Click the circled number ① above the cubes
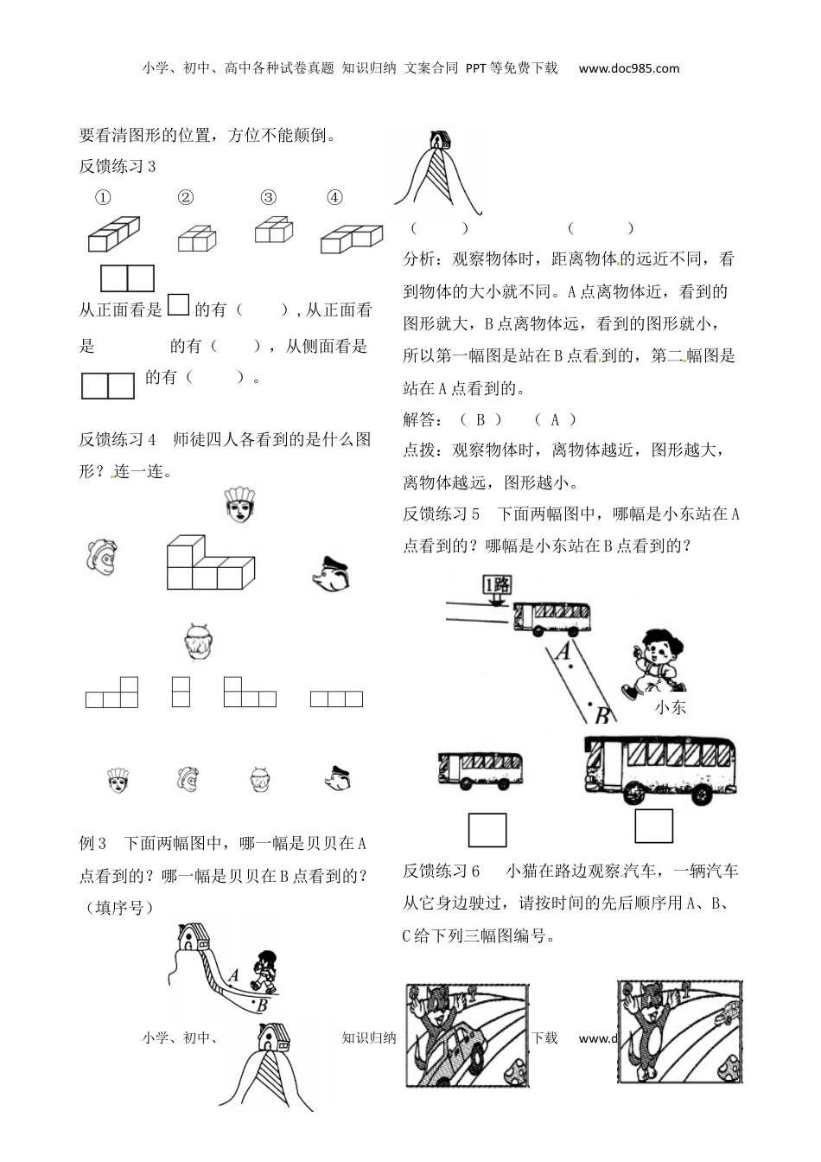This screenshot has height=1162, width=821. (x=103, y=197)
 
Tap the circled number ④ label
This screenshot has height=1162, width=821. (x=335, y=197)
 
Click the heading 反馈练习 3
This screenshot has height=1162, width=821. (x=118, y=167)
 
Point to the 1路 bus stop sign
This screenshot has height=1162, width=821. (x=497, y=585)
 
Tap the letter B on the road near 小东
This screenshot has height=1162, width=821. (x=602, y=714)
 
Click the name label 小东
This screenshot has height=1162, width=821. (x=671, y=707)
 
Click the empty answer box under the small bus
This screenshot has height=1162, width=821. (x=487, y=830)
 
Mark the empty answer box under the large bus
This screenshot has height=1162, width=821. (x=653, y=826)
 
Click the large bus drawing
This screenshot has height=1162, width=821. (x=660, y=769)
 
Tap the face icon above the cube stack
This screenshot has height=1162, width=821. (x=239, y=507)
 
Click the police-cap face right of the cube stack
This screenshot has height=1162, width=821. (x=330, y=573)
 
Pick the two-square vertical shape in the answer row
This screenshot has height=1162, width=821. (x=181, y=692)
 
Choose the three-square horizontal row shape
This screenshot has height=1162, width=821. (x=336, y=699)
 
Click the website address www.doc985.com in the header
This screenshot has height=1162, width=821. (x=629, y=68)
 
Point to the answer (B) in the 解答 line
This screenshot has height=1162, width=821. (x=481, y=419)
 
